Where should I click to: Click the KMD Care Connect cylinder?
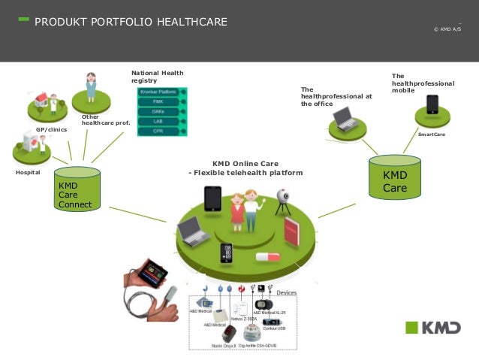click(77, 189)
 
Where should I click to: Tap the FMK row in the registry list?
click(158, 101)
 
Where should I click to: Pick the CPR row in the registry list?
click(158, 131)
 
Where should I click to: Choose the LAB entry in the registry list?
click(158, 120)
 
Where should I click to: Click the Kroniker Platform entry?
click(158, 91)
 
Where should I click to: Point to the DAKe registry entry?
click(158, 110)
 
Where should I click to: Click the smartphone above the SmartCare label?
click(432, 104)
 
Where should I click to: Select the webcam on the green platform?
click(284, 198)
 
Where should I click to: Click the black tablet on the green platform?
click(212, 199)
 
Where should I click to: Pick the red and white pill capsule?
click(267, 257)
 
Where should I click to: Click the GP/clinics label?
click(52, 130)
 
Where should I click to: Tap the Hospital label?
click(29, 172)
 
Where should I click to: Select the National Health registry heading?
click(157, 76)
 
